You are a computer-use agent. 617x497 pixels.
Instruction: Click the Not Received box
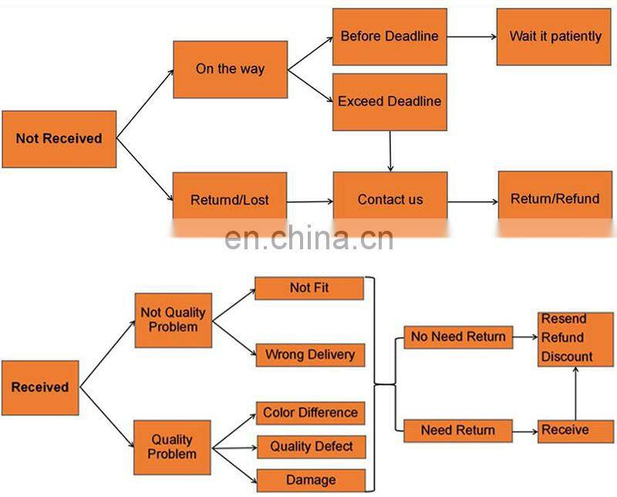pos(59,139)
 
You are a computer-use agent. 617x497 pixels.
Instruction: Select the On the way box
pos(230,69)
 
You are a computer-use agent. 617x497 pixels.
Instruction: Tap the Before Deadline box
pos(389,36)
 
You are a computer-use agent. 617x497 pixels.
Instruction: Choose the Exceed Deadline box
pos(389,101)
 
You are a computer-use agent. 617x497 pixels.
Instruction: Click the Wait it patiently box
pos(555,36)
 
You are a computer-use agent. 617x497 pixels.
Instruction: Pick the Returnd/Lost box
pos(230,200)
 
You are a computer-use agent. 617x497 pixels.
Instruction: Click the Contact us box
pos(390,199)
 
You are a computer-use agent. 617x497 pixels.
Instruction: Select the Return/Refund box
pos(555,198)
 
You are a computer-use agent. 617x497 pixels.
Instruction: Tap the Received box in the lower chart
pos(40,387)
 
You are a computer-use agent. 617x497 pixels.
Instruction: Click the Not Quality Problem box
pos(173,319)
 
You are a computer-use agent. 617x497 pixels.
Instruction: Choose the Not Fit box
pos(309,288)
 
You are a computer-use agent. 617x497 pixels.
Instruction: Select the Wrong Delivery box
pos(310,355)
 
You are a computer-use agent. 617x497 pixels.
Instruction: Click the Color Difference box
pos(310,413)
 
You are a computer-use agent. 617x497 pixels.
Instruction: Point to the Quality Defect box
pos(312,447)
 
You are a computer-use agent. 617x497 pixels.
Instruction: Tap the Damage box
pos(310,479)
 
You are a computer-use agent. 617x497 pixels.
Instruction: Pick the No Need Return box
pos(458,336)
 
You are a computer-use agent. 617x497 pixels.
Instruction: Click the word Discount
pos(567,357)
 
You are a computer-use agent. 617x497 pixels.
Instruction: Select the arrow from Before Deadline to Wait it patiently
pos(471,36)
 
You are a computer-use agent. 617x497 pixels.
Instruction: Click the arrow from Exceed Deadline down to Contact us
pos(390,151)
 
